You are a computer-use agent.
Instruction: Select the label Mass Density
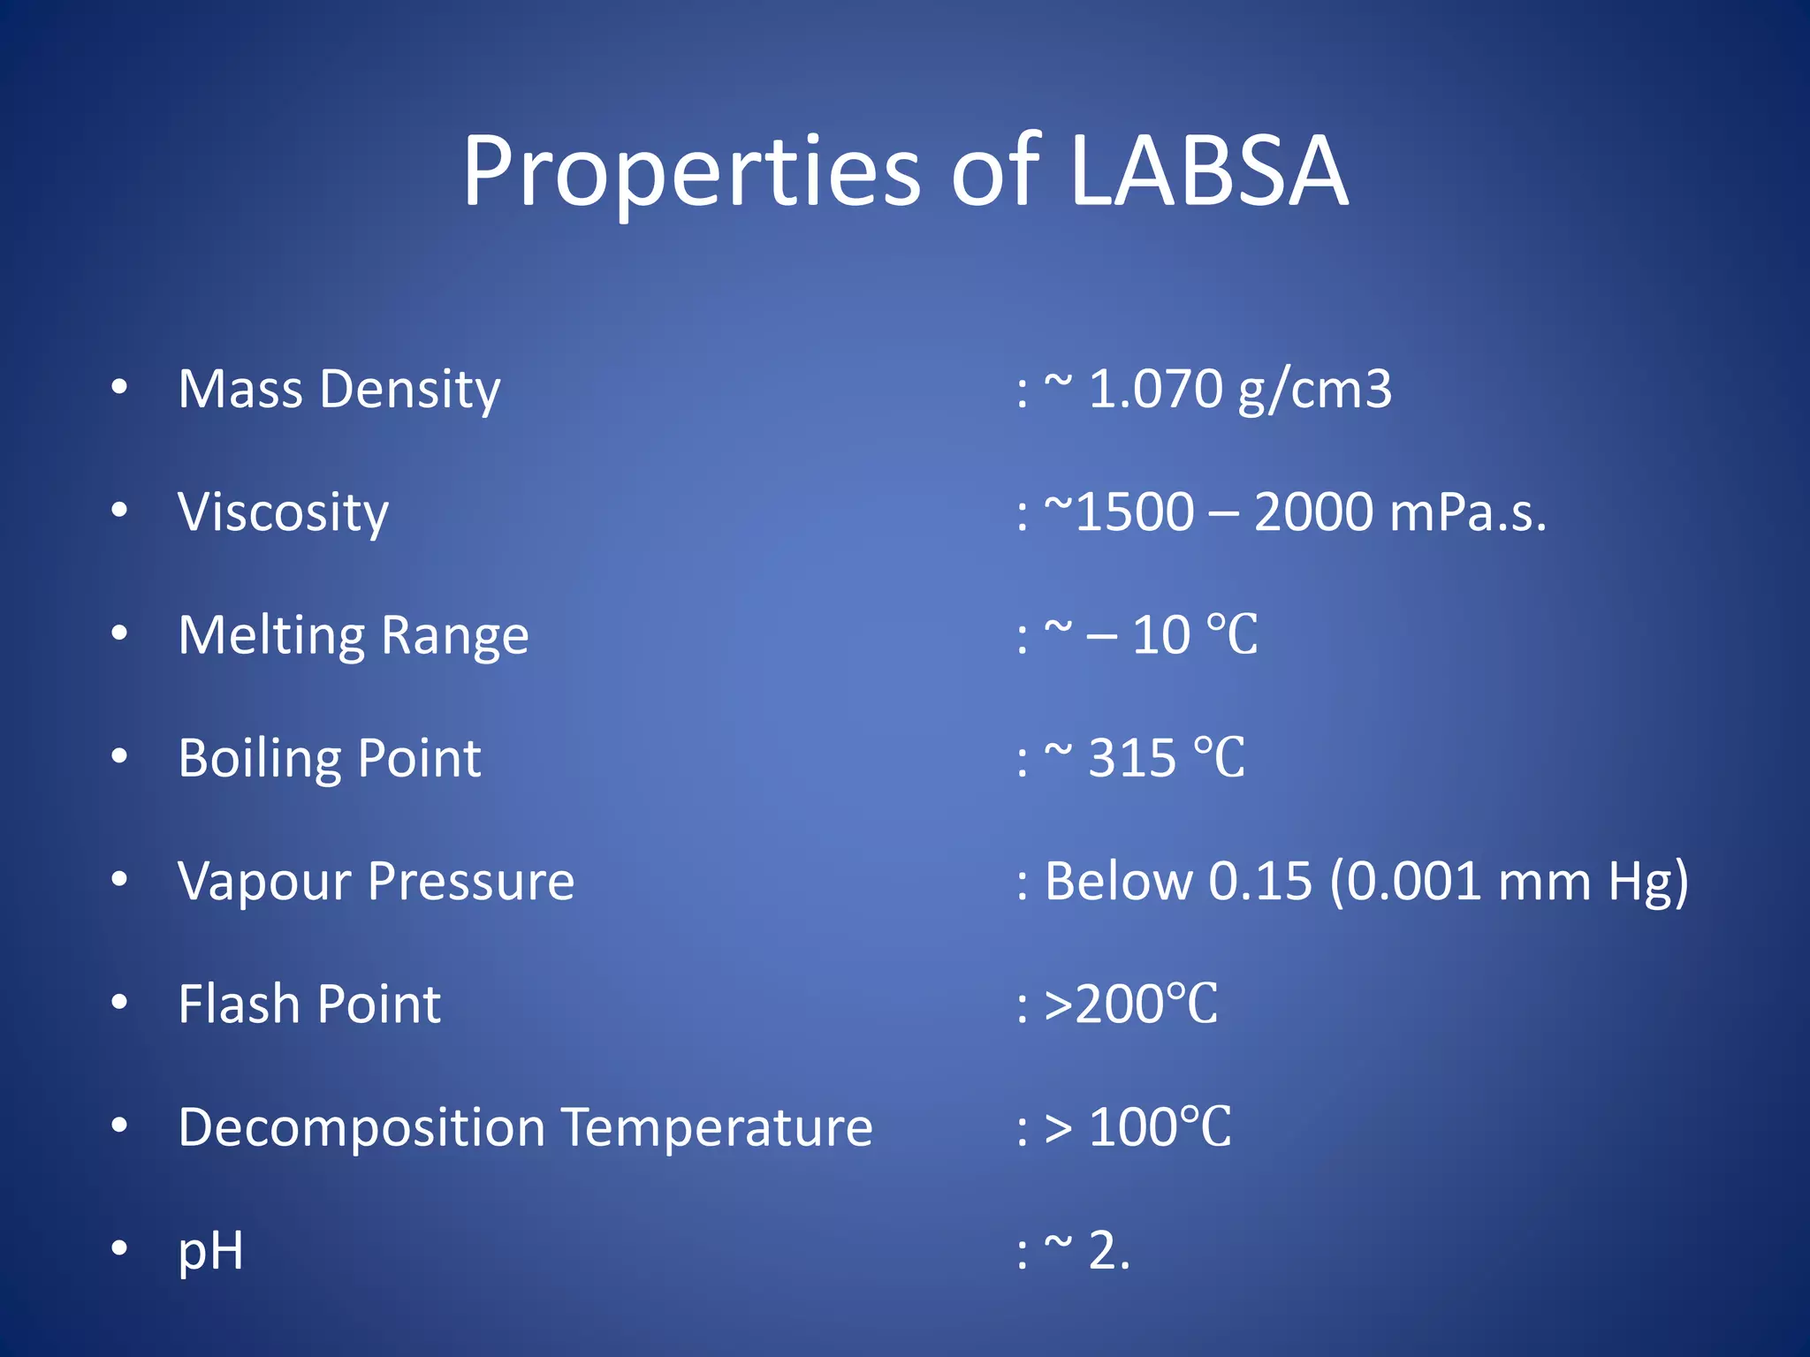click(339, 390)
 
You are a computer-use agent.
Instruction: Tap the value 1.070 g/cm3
click(1240, 390)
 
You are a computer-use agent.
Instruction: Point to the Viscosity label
click(283, 512)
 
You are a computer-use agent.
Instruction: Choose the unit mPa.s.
click(1467, 512)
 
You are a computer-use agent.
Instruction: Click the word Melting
click(271, 636)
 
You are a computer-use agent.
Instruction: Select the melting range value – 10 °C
click(1172, 635)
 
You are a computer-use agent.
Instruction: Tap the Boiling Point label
click(330, 758)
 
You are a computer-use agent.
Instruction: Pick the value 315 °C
click(1166, 758)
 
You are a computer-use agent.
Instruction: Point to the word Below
click(1118, 882)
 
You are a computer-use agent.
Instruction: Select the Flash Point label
click(309, 1004)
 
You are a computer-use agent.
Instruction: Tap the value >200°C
click(1131, 1004)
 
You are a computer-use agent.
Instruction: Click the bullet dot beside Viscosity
click(119, 510)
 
